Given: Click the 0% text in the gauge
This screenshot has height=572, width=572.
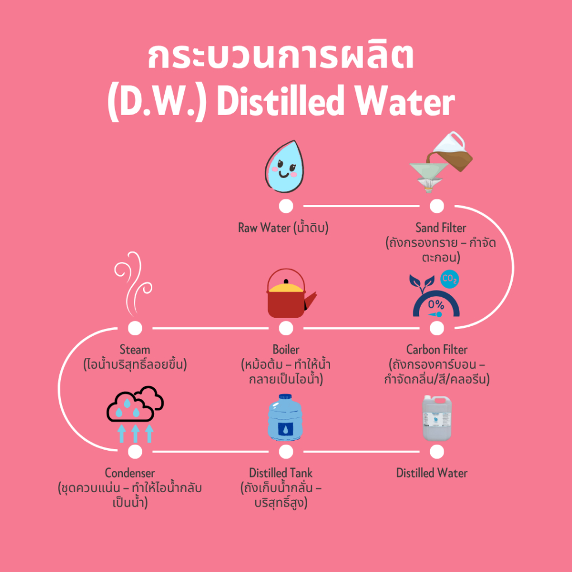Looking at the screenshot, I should (x=436, y=305).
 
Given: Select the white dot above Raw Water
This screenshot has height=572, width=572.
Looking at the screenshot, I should (x=285, y=206).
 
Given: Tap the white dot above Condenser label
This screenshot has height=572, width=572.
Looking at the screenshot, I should (x=135, y=451).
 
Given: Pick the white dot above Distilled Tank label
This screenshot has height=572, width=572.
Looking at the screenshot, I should (x=285, y=451).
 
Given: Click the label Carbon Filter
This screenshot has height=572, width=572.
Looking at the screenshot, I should (x=436, y=350).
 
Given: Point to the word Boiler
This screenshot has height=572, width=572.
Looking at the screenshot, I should (x=285, y=350).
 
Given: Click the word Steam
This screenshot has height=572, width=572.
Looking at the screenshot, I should (x=135, y=350).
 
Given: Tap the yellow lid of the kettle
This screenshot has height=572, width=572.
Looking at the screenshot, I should (x=286, y=287).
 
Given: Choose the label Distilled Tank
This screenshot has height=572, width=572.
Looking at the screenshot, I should (x=281, y=473).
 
